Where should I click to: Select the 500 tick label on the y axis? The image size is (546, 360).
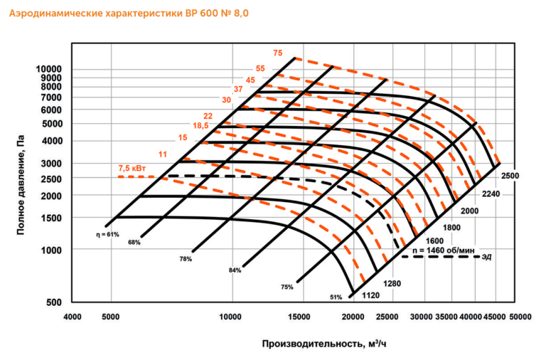pyautogui.click(x=53, y=302)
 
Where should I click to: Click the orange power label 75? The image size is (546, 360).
pyautogui.click(x=278, y=53)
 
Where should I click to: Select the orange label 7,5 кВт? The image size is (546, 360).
pyautogui.click(x=132, y=169)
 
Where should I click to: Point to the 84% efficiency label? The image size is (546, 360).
pyautogui.click(x=235, y=270)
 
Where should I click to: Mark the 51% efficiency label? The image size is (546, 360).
pyautogui.click(x=336, y=297)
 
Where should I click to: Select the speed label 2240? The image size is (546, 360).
pyautogui.click(x=491, y=194)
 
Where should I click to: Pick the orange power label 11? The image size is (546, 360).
pyautogui.click(x=163, y=154)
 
